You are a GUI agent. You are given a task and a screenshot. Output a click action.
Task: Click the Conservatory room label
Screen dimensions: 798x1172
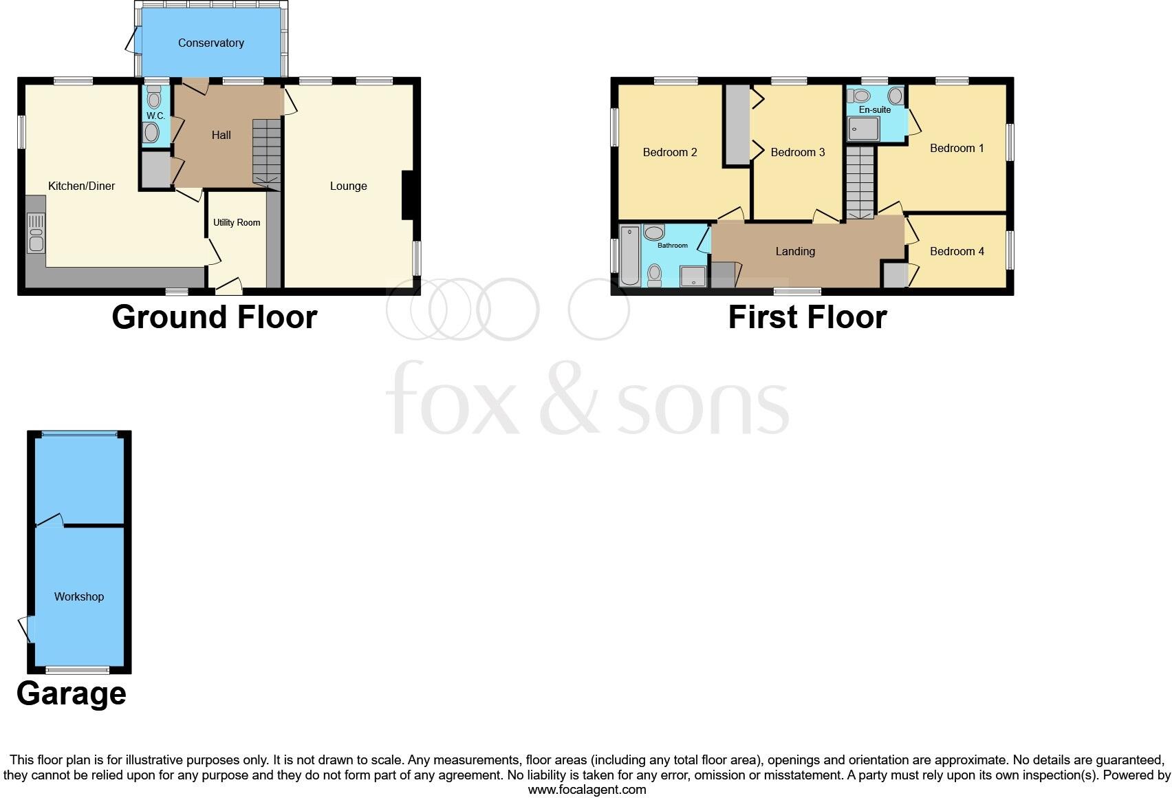click(210, 43)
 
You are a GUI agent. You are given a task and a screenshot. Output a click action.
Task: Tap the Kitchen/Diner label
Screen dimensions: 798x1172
click(81, 186)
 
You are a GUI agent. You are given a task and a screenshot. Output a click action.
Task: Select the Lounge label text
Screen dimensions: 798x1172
click(348, 186)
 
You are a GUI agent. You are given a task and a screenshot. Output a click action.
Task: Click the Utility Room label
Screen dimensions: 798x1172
click(237, 222)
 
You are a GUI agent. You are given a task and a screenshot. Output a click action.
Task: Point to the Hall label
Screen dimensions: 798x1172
click(221, 135)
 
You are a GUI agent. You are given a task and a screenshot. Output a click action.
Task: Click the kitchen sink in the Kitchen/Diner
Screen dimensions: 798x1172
click(36, 233)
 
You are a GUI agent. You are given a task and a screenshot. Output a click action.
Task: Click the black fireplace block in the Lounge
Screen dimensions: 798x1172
click(407, 195)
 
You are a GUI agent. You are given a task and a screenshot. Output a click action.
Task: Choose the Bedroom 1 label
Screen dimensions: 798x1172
click(957, 148)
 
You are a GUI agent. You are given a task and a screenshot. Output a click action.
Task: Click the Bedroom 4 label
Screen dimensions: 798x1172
click(957, 251)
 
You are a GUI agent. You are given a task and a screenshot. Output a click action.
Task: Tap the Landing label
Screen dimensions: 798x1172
click(795, 251)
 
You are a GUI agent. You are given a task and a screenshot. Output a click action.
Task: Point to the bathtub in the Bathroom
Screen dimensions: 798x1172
click(629, 256)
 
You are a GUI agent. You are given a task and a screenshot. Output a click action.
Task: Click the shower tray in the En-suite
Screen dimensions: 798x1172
click(864, 128)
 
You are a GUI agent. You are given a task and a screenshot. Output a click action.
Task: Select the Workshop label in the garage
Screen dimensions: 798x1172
click(79, 596)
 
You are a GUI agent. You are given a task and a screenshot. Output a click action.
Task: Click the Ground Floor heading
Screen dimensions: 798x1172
click(215, 317)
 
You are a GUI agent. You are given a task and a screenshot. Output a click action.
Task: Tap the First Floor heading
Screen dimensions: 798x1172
click(807, 317)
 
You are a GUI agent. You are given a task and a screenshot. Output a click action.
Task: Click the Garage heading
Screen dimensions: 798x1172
click(72, 693)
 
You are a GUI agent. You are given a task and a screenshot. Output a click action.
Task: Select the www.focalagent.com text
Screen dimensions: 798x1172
click(587, 790)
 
